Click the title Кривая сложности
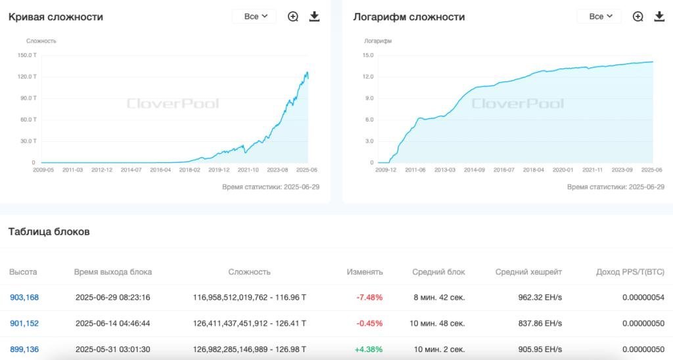pos(56,16)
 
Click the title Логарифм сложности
pos(409,16)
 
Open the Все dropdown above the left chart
pos(254,16)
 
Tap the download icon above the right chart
pos(659,16)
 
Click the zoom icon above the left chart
pos(293,16)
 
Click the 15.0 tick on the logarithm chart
pos(368,55)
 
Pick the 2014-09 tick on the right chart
pos(475,169)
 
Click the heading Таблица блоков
pos(49,232)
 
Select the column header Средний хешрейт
pos(528,272)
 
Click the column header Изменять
pos(365,272)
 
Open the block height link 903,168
pos(24,298)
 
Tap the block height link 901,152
pos(24,323)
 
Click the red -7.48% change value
pos(369,298)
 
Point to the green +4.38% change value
pos(369,349)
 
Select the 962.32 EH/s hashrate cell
pos(540,298)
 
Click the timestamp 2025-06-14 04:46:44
pos(113,323)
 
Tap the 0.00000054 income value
pos(643,298)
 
